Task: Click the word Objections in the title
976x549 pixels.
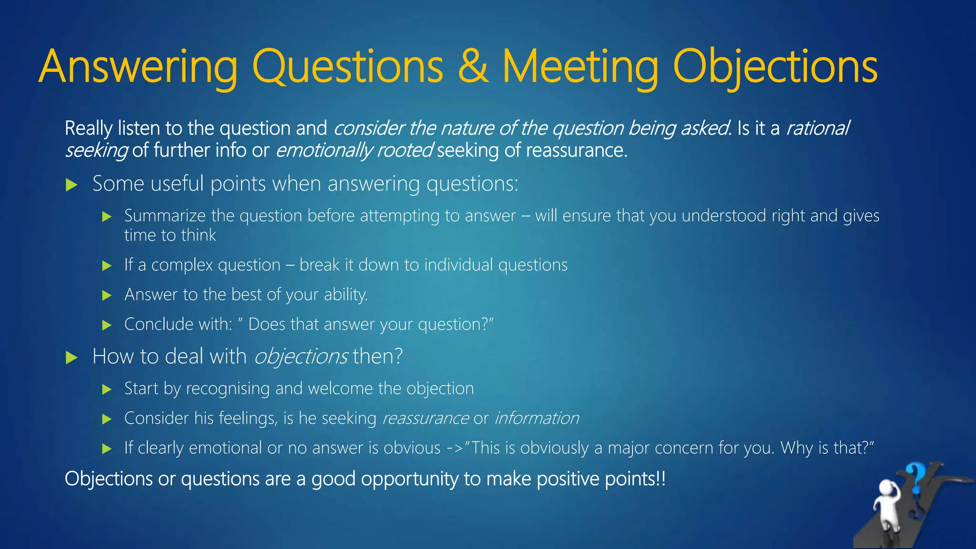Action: (775, 67)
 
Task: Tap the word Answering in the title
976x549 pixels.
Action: (138, 67)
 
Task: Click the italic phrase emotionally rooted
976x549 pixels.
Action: (354, 151)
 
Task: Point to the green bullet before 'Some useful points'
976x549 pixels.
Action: (71, 185)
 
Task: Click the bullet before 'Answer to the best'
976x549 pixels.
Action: (107, 295)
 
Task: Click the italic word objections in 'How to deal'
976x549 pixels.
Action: (301, 357)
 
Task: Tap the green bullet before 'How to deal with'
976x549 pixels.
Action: (71, 357)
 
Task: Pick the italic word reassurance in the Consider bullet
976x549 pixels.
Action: (426, 418)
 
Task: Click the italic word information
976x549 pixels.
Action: (537, 418)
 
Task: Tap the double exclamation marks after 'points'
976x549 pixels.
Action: (661, 479)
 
